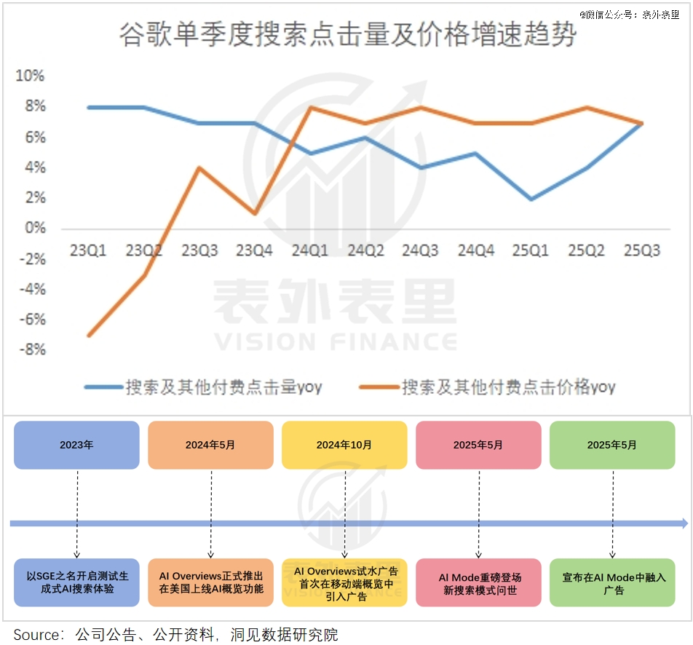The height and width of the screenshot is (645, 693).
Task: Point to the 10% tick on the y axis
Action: tap(30, 76)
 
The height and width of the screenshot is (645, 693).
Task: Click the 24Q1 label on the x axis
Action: tap(310, 251)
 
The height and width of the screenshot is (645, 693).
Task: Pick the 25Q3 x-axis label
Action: tap(642, 251)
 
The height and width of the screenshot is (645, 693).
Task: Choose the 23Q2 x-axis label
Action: tap(143, 251)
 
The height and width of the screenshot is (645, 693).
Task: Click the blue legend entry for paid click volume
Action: tap(204, 387)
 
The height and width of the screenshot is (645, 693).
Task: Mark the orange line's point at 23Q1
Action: tap(88, 336)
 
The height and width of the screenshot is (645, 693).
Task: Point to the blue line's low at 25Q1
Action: tap(531, 199)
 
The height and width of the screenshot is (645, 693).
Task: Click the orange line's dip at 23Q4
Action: tap(255, 213)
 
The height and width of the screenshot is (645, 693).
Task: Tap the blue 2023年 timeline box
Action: tap(76, 445)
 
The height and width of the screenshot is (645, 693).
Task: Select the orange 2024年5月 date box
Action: tap(210, 445)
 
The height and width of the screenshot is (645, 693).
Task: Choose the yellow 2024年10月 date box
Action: tap(344, 445)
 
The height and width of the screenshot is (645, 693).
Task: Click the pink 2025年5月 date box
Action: tap(478, 445)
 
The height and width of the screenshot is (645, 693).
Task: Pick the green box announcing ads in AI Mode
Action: tap(612, 583)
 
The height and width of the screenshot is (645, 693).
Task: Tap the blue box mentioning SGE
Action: tap(76, 583)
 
